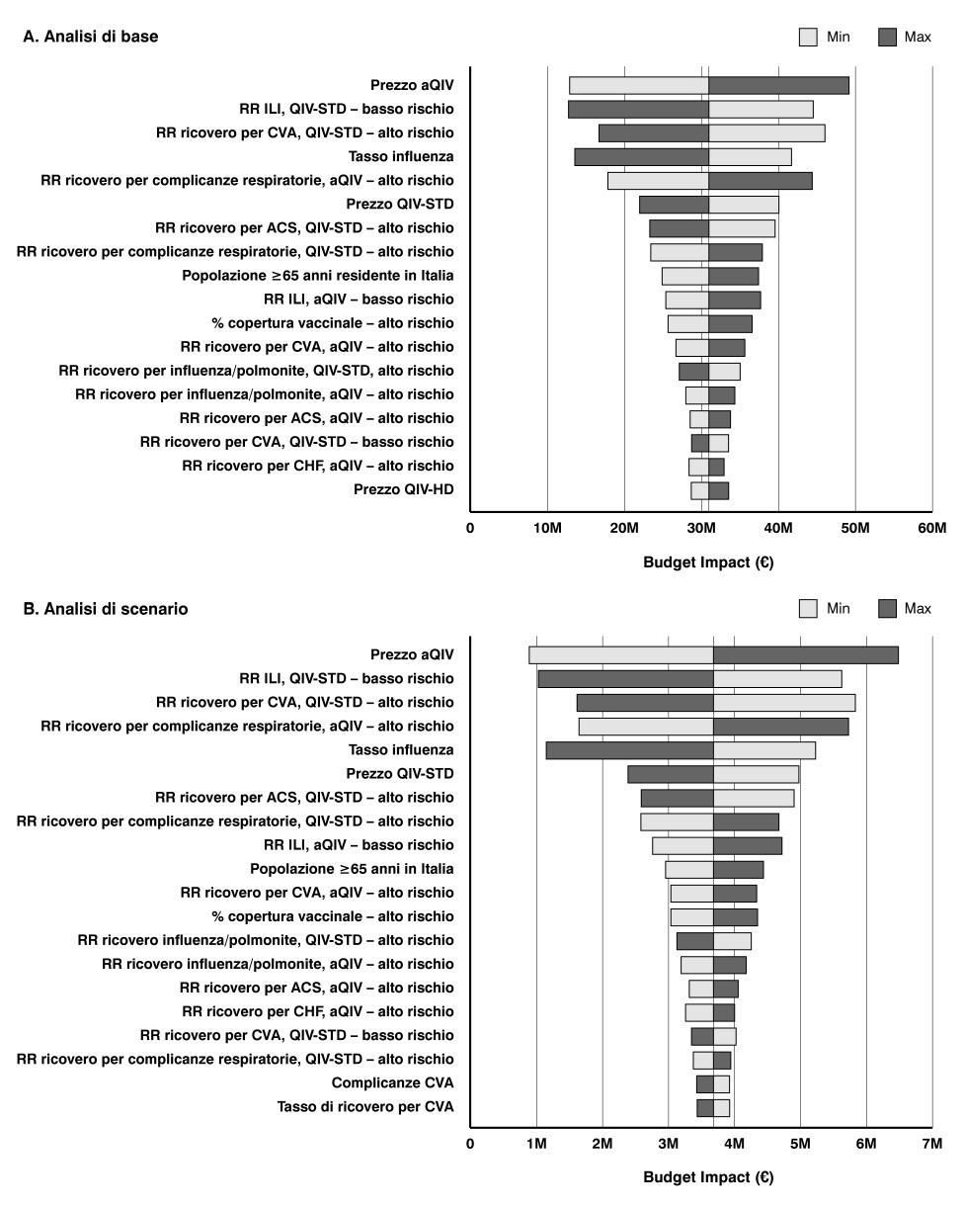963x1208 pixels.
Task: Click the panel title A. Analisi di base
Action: point(90,37)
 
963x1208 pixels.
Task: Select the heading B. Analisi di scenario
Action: point(106,609)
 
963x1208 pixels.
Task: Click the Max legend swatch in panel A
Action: point(887,38)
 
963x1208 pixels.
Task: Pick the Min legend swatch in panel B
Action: point(808,609)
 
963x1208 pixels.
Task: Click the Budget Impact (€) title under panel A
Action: point(708,563)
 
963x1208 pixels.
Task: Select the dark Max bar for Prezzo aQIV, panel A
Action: point(778,85)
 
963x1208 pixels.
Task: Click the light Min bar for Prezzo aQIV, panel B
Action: point(620,654)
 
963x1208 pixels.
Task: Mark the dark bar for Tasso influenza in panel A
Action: point(641,156)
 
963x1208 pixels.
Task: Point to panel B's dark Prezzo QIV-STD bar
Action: point(670,774)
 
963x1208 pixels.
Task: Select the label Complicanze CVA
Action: point(393,1082)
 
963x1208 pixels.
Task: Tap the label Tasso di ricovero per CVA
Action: point(365,1107)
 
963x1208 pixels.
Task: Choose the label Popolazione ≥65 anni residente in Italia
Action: point(318,276)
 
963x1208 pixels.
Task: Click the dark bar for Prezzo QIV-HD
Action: point(718,490)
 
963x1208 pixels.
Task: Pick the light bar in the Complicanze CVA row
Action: point(721,1083)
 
